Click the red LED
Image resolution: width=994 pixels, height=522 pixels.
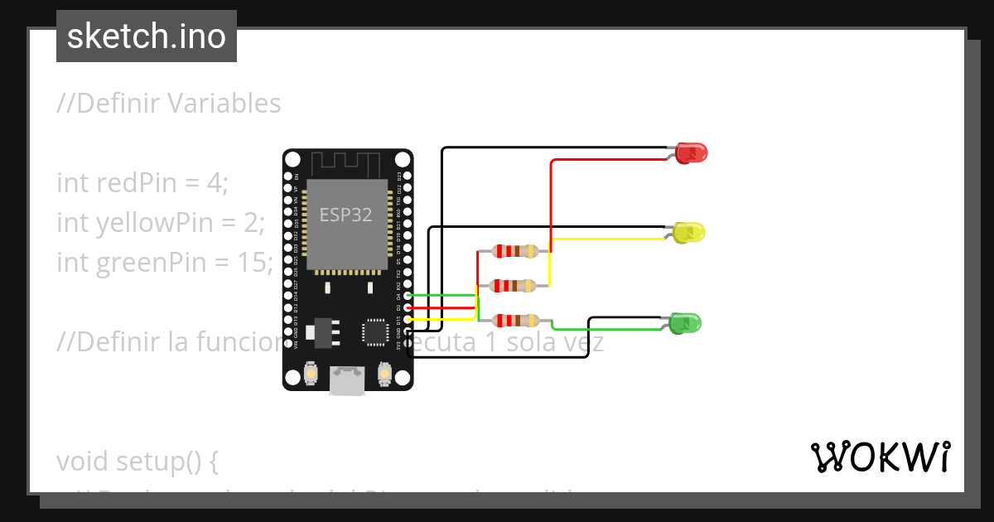tap(690, 152)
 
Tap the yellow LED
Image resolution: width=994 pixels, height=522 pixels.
tap(688, 233)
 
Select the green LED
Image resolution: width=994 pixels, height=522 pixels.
tap(685, 323)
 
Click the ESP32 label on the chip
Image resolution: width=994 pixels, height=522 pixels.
tap(346, 215)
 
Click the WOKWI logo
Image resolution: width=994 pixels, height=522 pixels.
tap(880, 457)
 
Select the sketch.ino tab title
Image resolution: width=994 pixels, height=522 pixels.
tap(147, 36)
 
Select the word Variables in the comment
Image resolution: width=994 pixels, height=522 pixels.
tap(224, 104)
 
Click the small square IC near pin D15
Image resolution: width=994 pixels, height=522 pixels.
tap(375, 331)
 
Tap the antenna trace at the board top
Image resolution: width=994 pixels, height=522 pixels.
tap(346, 162)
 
